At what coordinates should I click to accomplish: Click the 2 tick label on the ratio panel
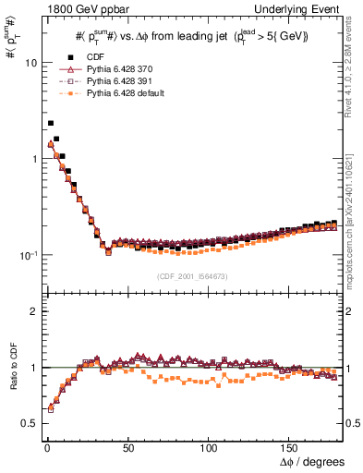[x=30, y=311]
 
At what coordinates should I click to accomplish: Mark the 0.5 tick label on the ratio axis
[x=27, y=423]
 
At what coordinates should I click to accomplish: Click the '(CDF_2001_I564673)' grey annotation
[x=190, y=276]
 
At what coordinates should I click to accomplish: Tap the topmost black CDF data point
[x=51, y=122]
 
